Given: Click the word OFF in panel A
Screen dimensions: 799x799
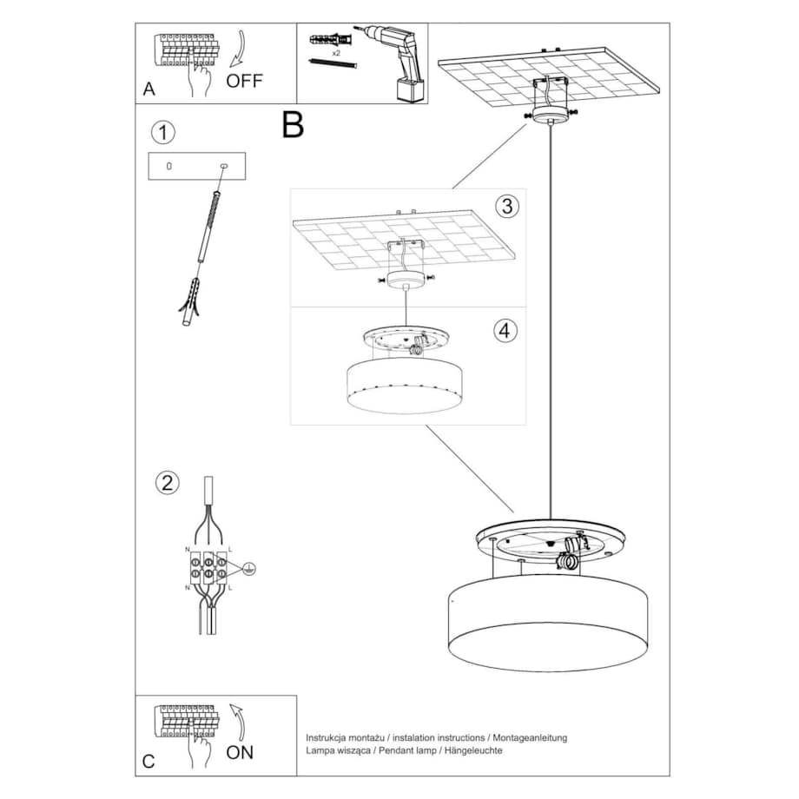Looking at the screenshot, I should coord(244,82).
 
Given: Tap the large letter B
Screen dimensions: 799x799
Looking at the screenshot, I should coord(293,126).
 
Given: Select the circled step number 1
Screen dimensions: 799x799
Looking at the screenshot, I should coord(162,133).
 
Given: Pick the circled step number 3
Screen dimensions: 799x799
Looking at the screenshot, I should coord(507,206).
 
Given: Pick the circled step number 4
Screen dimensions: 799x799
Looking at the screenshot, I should coord(506,330).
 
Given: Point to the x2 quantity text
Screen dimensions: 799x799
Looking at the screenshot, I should coord(335,53).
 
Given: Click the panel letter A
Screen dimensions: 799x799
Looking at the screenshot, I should coord(149,89).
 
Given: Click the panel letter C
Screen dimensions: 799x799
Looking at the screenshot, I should coord(149,762).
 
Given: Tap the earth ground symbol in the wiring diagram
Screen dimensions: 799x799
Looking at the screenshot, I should coord(248,569).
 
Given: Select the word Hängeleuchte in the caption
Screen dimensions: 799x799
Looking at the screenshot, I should coord(473,750).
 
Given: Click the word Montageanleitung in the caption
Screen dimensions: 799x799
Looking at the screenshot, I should coord(529,737).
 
